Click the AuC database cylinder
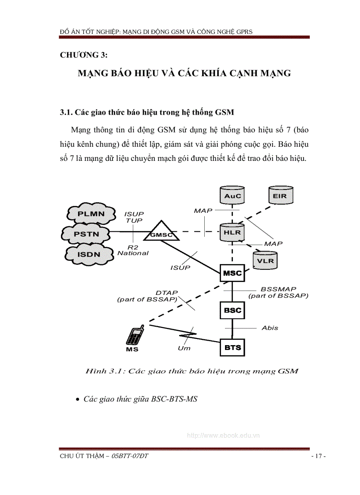click(x=232, y=195)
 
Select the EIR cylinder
click(x=280, y=195)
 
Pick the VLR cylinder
click(x=265, y=260)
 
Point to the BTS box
click(x=232, y=347)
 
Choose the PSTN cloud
click(x=86, y=234)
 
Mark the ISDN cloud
click(x=89, y=254)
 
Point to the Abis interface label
click(x=270, y=328)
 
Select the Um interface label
click(x=184, y=348)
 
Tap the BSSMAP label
click(x=278, y=289)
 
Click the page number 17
click(x=318, y=456)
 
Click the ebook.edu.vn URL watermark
click(x=224, y=435)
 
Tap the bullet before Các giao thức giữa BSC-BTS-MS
click(x=78, y=399)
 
